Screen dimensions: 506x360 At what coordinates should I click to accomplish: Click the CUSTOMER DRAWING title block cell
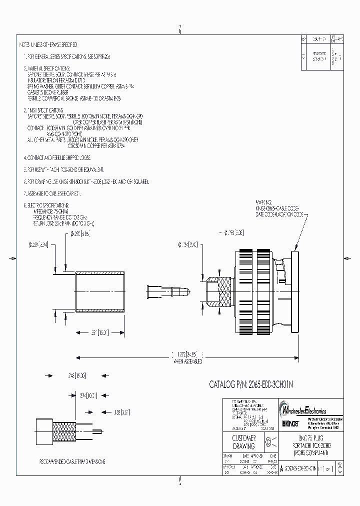(244, 442)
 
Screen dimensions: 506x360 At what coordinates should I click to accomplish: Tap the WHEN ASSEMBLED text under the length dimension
(188, 360)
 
